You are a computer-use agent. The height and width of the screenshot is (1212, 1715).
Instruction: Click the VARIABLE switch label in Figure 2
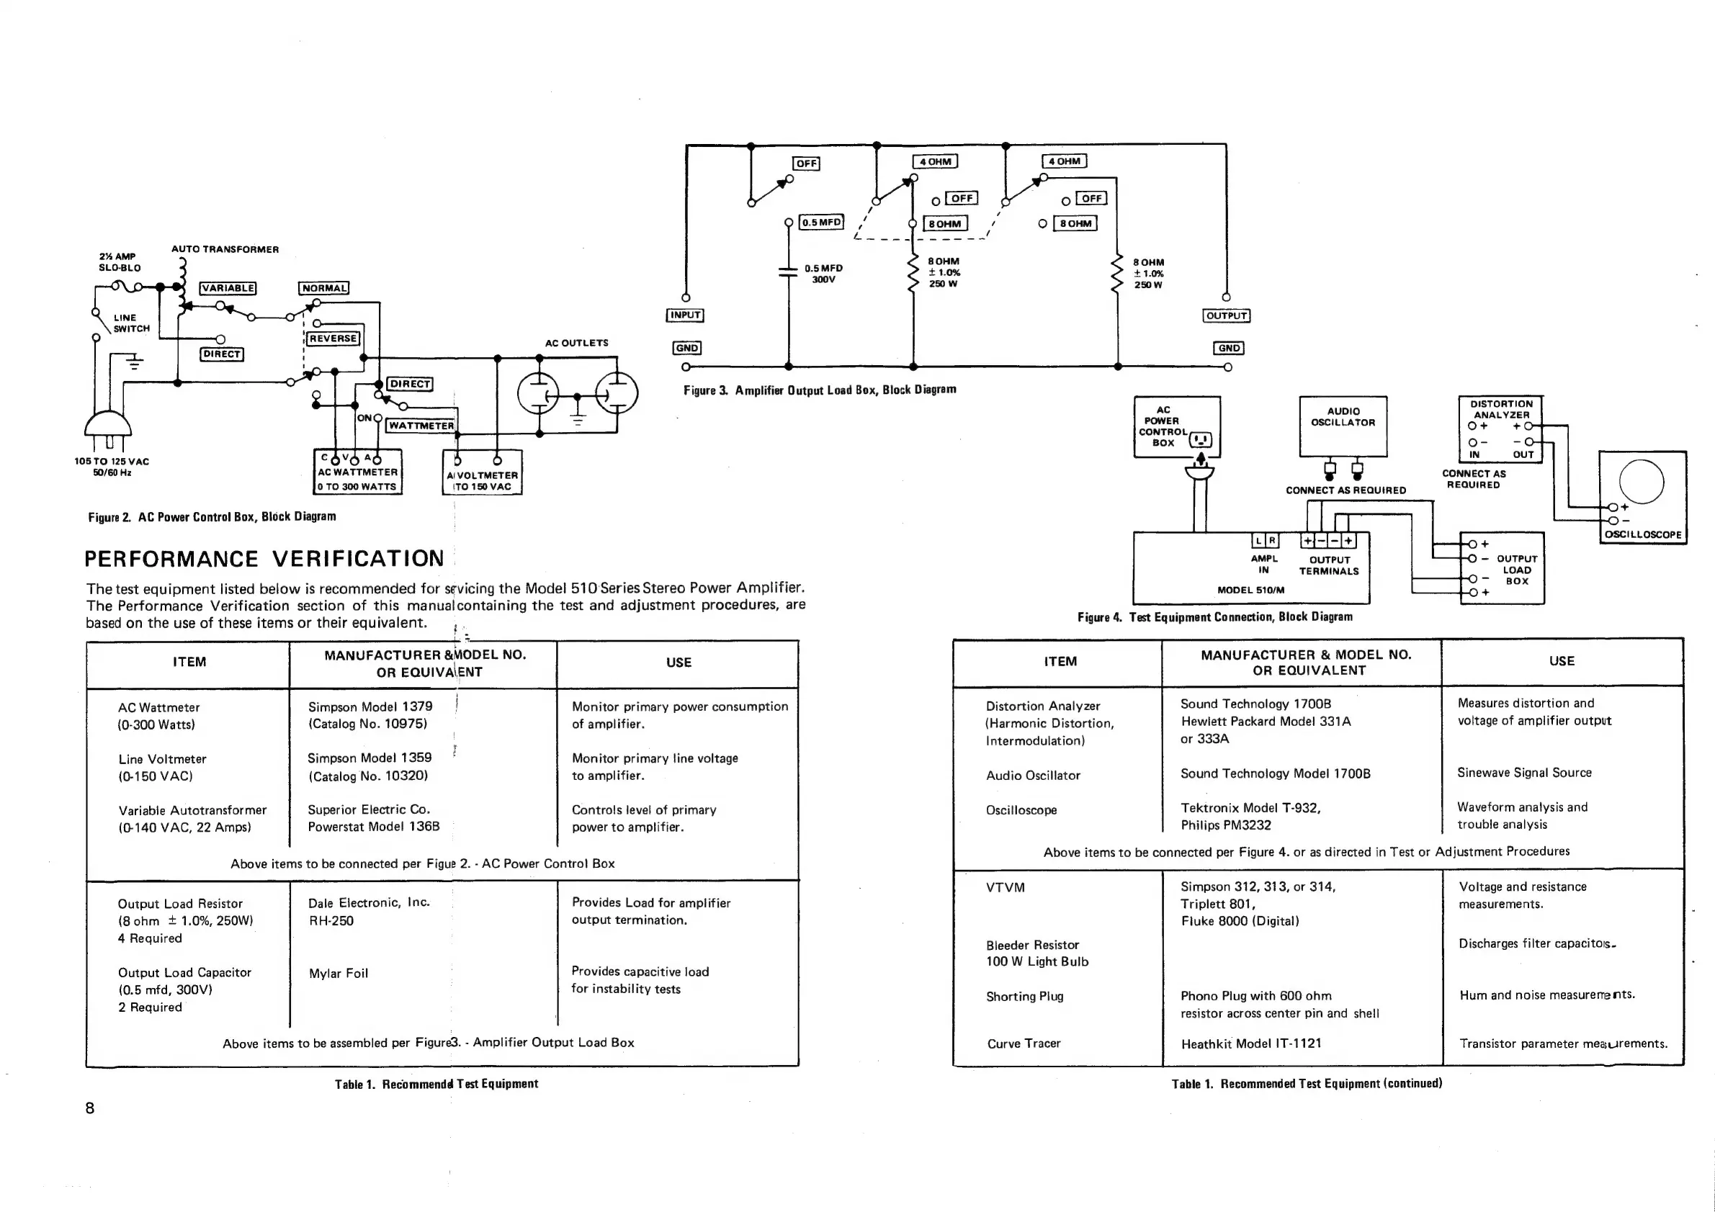click(228, 288)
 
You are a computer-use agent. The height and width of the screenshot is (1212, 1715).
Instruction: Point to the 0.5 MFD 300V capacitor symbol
click(788, 271)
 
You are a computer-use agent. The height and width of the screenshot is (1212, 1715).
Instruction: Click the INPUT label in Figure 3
click(685, 315)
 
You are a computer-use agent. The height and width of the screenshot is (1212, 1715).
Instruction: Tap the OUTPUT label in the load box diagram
click(1227, 315)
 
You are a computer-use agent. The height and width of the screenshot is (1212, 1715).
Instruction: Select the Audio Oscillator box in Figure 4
click(1343, 426)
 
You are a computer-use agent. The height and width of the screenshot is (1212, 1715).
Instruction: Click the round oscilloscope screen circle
click(1641, 482)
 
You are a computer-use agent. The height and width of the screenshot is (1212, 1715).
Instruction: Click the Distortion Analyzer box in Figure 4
click(1500, 429)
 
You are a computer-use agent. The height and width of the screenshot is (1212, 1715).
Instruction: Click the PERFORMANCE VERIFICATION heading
click(264, 559)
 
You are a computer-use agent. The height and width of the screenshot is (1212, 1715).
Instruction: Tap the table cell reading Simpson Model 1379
click(370, 706)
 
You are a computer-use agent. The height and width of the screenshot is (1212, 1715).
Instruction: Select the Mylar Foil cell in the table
click(339, 973)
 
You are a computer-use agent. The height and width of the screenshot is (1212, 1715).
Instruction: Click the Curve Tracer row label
click(1024, 1043)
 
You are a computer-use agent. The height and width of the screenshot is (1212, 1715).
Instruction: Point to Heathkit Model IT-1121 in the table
click(1251, 1043)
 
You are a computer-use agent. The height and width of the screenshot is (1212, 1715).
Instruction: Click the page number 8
click(89, 1108)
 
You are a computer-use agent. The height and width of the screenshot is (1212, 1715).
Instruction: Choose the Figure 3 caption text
click(820, 390)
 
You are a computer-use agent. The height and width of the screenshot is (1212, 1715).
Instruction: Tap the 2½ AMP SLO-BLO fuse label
click(120, 261)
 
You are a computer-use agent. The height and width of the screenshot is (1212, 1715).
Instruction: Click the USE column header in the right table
click(1561, 661)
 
